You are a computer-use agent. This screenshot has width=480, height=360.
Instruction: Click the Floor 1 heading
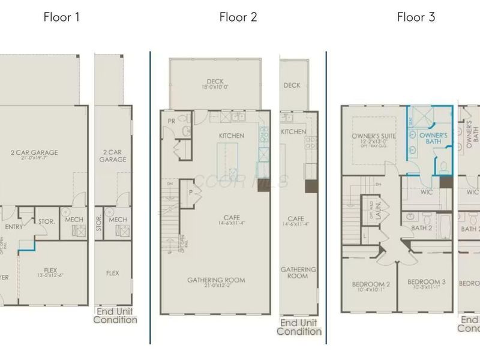click(x=61, y=17)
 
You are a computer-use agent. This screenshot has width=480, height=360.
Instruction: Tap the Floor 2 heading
click(x=238, y=17)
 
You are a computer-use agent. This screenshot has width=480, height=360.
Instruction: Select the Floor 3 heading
click(x=416, y=17)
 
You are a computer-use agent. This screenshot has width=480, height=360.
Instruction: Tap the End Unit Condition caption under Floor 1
click(x=115, y=316)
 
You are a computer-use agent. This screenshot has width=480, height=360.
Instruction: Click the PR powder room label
click(x=172, y=121)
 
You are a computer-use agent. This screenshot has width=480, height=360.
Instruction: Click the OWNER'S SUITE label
click(x=373, y=136)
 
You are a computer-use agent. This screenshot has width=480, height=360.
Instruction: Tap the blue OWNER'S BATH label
click(x=433, y=139)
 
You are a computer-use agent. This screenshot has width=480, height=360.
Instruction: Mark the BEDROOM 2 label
click(x=371, y=284)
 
